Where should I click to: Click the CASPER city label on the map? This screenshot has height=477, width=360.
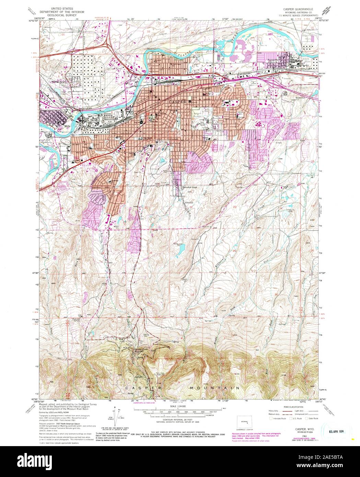click(x=177, y=102)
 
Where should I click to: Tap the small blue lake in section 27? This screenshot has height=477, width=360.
click(x=181, y=246)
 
